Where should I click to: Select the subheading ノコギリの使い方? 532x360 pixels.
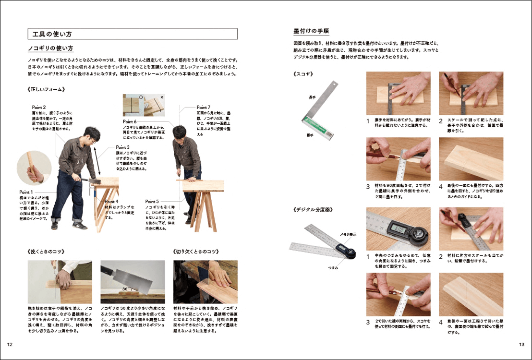click(50, 48)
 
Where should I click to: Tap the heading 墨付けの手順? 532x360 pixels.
click(311, 31)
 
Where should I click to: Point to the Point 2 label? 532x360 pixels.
click(39, 107)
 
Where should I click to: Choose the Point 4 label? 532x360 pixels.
click(112, 202)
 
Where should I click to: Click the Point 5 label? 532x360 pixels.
click(152, 202)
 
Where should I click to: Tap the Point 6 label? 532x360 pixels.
click(130, 122)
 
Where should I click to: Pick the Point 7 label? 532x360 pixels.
click(204, 107)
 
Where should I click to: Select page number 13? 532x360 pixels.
click(522, 345)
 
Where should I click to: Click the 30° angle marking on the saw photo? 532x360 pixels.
click(126, 289)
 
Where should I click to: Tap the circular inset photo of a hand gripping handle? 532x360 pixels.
click(34, 168)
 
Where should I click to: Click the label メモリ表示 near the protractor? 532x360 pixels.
click(348, 234)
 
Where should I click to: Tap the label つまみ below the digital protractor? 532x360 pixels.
click(333, 267)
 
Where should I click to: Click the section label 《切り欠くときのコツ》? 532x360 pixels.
click(196, 252)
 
